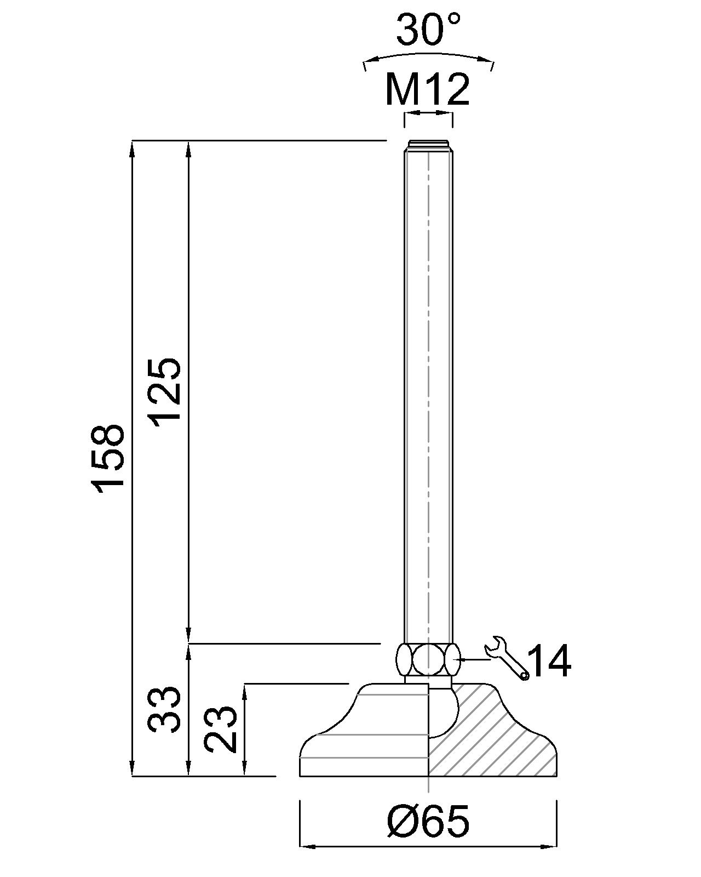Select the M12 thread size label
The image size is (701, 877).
[x=428, y=89]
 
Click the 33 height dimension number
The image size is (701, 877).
[x=164, y=709]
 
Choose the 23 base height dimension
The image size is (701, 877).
[x=221, y=730]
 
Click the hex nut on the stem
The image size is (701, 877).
[x=428, y=659]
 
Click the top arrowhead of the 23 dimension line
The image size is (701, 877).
[x=245, y=690]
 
